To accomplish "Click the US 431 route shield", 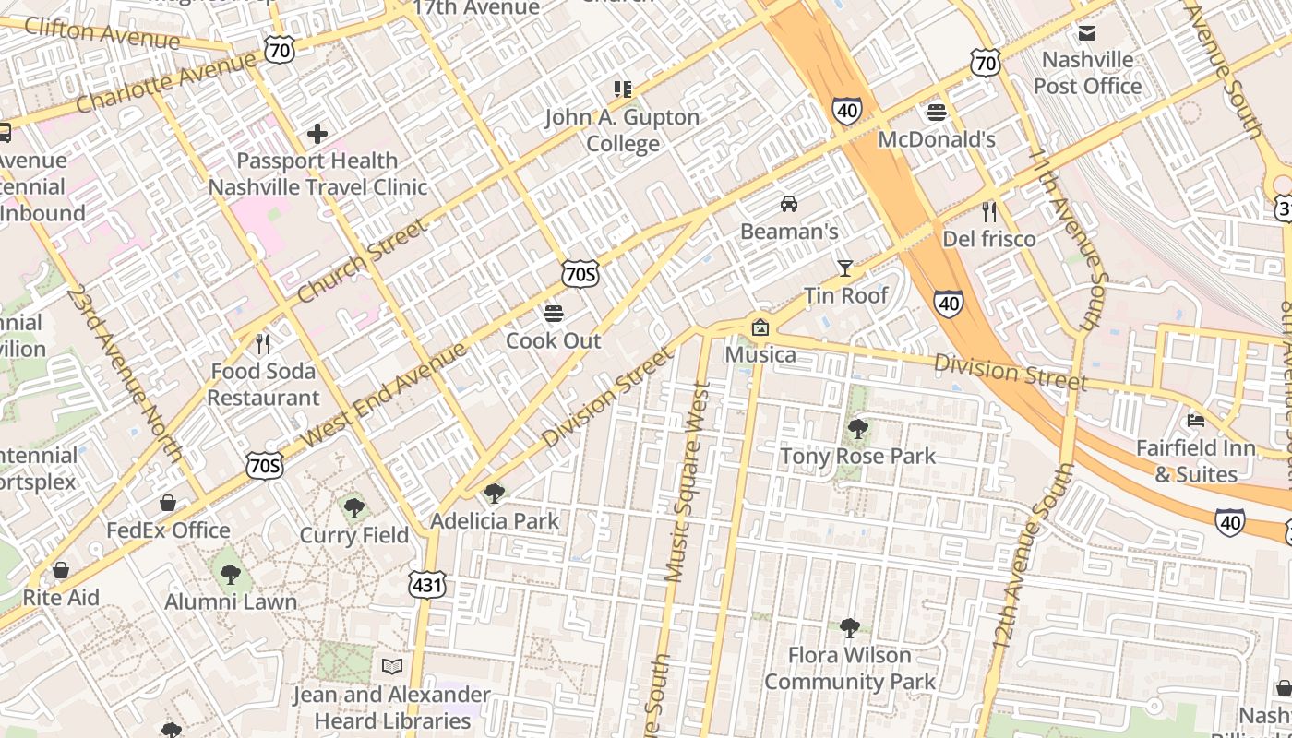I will click(x=427, y=583).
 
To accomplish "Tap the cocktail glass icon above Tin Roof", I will click(x=844, y=268).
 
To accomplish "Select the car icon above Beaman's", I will click(x=789, y=204).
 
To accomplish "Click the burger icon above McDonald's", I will click(x=937, y=113).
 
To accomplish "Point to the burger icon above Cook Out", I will click(x=554, y=314).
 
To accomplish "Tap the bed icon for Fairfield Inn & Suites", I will click(x=1196, y=421).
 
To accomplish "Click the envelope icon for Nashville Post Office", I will click(x=1087, y=33).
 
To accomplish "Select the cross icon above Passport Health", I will click(x=317, y=134).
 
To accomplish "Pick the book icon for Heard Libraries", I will click(x=392, y=666).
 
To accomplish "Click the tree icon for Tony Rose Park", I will click(x=857, y=429).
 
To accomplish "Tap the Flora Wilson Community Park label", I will click(x=849, y=669).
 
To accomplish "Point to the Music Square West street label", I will click(x=688, y=482).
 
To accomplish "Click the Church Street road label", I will click(x=364, y=261).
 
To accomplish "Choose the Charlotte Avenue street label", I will click(x=166, y=83).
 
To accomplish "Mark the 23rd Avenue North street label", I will click(x=125, y=374).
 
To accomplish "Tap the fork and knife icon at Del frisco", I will click(x=989, y=212).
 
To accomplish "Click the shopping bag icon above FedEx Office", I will click(x=168, y=503).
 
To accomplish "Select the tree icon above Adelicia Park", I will click(x=495, y=494).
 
